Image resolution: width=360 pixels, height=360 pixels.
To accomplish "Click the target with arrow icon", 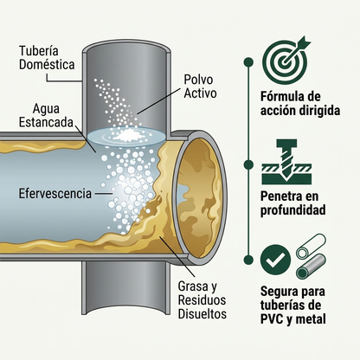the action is click(286, 61).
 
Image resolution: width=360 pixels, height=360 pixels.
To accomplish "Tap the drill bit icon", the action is click(286, 162).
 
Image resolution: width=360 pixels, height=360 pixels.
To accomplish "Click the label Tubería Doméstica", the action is click(47, 58).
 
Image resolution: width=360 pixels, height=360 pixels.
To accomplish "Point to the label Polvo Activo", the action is click(200, 87).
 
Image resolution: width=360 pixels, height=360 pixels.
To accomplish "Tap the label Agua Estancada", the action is click(46, 115).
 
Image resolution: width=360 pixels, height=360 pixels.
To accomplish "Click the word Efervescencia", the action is click(55, 194).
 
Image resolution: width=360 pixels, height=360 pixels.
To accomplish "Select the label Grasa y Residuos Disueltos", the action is click(202, 300).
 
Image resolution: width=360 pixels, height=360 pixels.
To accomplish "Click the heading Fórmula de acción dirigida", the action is click(300, 103).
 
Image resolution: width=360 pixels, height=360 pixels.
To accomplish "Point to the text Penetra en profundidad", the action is click(293, 203).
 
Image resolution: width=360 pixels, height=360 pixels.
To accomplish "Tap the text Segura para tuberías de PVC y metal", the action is click(293, 305).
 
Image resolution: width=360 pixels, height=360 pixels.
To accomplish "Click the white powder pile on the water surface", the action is click(127, 134).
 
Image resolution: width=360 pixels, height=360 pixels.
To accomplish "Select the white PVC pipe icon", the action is click(311, 246).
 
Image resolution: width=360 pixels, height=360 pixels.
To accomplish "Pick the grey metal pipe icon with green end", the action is click(312, 267).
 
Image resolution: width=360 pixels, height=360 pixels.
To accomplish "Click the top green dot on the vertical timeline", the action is click(248, 62).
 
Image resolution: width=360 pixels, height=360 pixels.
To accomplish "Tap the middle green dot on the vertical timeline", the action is click(248, 164).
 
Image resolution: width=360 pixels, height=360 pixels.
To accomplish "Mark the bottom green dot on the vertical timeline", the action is click(248, 260).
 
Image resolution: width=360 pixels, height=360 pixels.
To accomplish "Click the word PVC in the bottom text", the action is click(272, 319).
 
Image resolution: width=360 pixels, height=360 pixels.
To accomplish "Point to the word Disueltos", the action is click(202, 314).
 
